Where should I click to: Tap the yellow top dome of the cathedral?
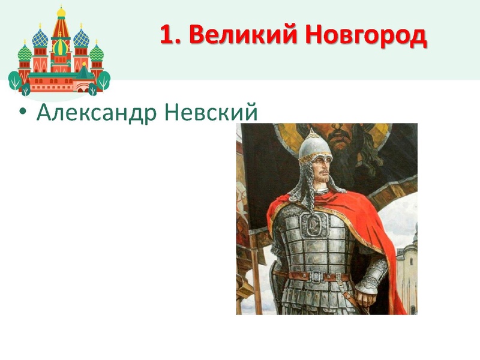pyautogui.click(x=61, y=13)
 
